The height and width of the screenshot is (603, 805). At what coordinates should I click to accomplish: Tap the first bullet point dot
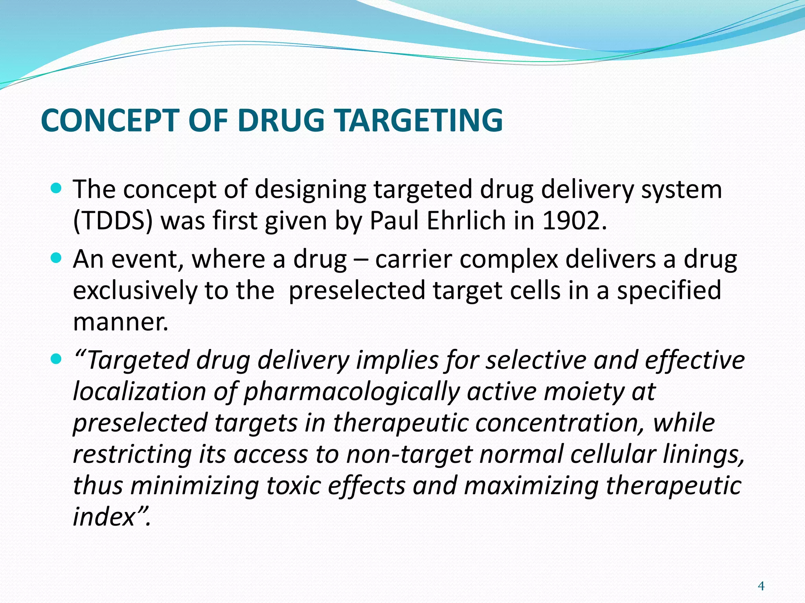[57, 188]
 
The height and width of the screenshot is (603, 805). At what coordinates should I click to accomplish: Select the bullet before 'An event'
[57, 258]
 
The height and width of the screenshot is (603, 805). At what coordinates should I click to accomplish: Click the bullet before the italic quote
[57, 359]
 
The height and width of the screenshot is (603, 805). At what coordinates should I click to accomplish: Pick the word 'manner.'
[121, 322]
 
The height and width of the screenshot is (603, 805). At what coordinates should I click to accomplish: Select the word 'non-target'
[409, 454]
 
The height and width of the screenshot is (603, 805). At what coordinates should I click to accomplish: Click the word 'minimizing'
[195, 486]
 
